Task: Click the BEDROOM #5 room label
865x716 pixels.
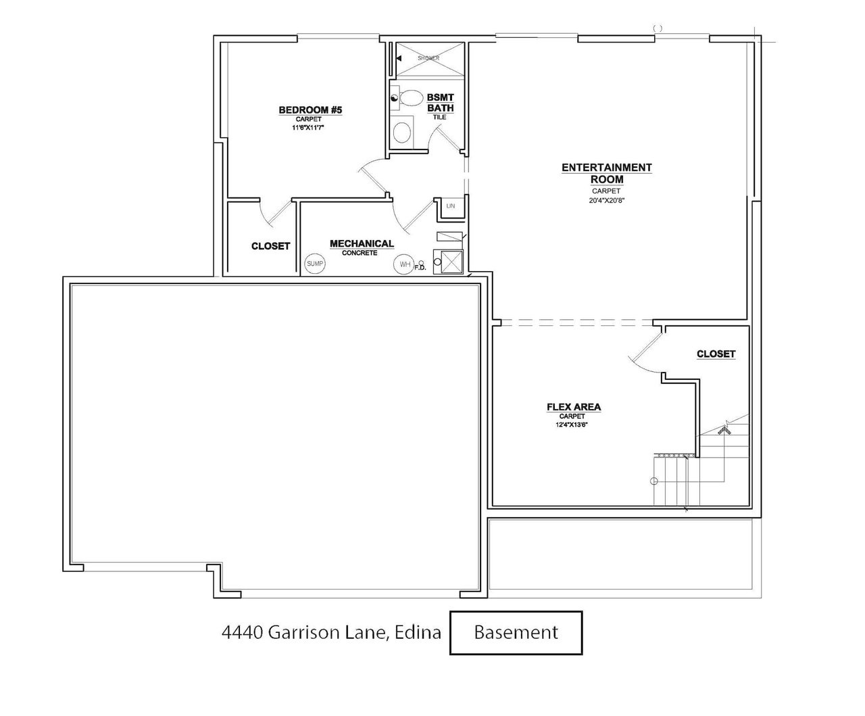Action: [x=310, y=110]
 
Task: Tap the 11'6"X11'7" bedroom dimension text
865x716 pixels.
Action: [x=307, y=128]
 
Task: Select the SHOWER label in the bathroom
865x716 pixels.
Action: [x=428, y=58]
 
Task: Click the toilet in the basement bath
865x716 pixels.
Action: [x=407, y=98]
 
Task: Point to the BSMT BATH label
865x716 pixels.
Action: [x=441, y=102]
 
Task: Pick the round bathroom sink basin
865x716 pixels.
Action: [x=402, y=133]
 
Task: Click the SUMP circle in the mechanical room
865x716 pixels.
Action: [x=315, y=263]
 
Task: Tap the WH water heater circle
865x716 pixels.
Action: [x=404, y=264]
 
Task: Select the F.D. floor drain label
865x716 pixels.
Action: [x=420, y=268]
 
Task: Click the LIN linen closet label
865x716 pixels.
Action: [x=451, y=206]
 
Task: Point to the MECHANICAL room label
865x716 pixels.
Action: [x=362, y=243]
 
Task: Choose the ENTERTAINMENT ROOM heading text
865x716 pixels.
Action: [x=606, y=173]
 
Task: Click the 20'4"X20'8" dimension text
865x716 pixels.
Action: [x=606, y=201]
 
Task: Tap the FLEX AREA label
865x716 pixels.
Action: [x=574, y=407]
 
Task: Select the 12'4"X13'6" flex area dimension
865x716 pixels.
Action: [x=572, y=425]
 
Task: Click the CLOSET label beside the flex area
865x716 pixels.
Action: [x=716, y=354]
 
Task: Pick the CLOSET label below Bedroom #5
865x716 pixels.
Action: [x=270, y=246]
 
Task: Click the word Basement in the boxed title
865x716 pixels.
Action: [x=516, y=632]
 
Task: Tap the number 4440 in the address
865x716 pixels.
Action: [x=243, y=633]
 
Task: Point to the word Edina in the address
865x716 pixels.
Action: [x=418, y=633]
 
